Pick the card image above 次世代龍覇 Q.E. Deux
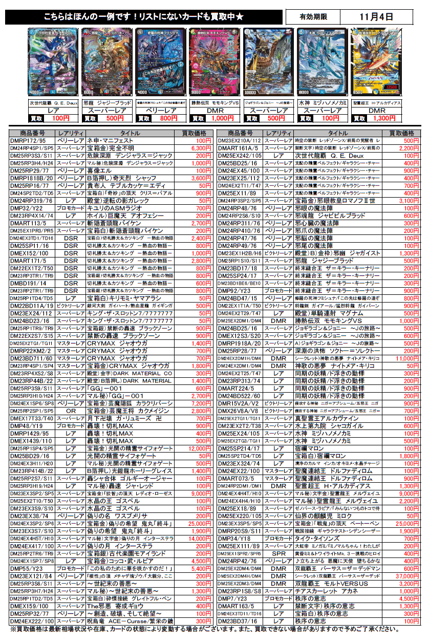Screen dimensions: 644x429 (x=50, y=63)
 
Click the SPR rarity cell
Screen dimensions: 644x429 (x=278, y=554)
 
